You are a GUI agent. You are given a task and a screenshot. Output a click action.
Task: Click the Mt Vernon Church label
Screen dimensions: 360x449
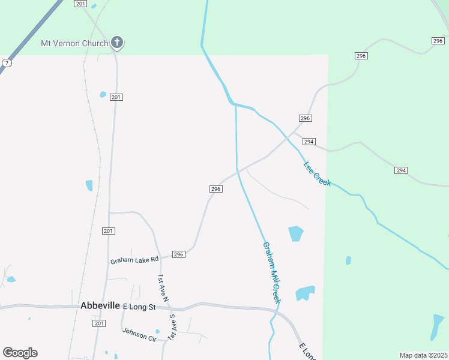tap(74, 43)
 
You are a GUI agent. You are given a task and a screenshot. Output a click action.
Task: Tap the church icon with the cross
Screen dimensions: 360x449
tap(117, 43)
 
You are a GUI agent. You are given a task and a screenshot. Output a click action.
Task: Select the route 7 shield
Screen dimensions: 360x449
tap(6, 62)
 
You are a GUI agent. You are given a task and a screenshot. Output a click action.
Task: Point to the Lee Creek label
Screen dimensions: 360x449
tap(317, 173)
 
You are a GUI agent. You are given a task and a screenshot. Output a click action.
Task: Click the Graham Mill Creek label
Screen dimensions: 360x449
tap(272, 272)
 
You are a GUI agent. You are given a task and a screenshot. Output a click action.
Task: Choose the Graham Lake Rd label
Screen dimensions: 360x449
tap(134, 260)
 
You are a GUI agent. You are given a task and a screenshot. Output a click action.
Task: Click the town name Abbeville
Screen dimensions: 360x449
tap(100, 305)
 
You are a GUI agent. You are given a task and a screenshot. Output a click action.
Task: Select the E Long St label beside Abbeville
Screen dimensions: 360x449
tap(139, 307)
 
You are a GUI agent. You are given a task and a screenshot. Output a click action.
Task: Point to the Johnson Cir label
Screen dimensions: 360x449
tap(139, 334)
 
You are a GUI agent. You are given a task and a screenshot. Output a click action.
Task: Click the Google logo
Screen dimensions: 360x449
tap(20, 353)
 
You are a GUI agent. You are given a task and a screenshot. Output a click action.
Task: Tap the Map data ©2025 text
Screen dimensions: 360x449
tap(423, 355)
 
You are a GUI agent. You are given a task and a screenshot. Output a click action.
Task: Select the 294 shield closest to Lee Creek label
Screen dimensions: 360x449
tap(309, 142)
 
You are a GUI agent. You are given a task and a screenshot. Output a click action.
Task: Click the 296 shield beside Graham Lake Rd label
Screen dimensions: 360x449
tap(178, 254)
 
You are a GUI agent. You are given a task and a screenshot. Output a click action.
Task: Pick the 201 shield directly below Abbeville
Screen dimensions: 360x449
tap(100, 323)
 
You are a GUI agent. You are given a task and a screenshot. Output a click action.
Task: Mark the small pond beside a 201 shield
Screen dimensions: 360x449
tap(103, 94)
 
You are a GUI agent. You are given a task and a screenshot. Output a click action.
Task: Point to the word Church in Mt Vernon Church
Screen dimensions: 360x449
tap(95, 43)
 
